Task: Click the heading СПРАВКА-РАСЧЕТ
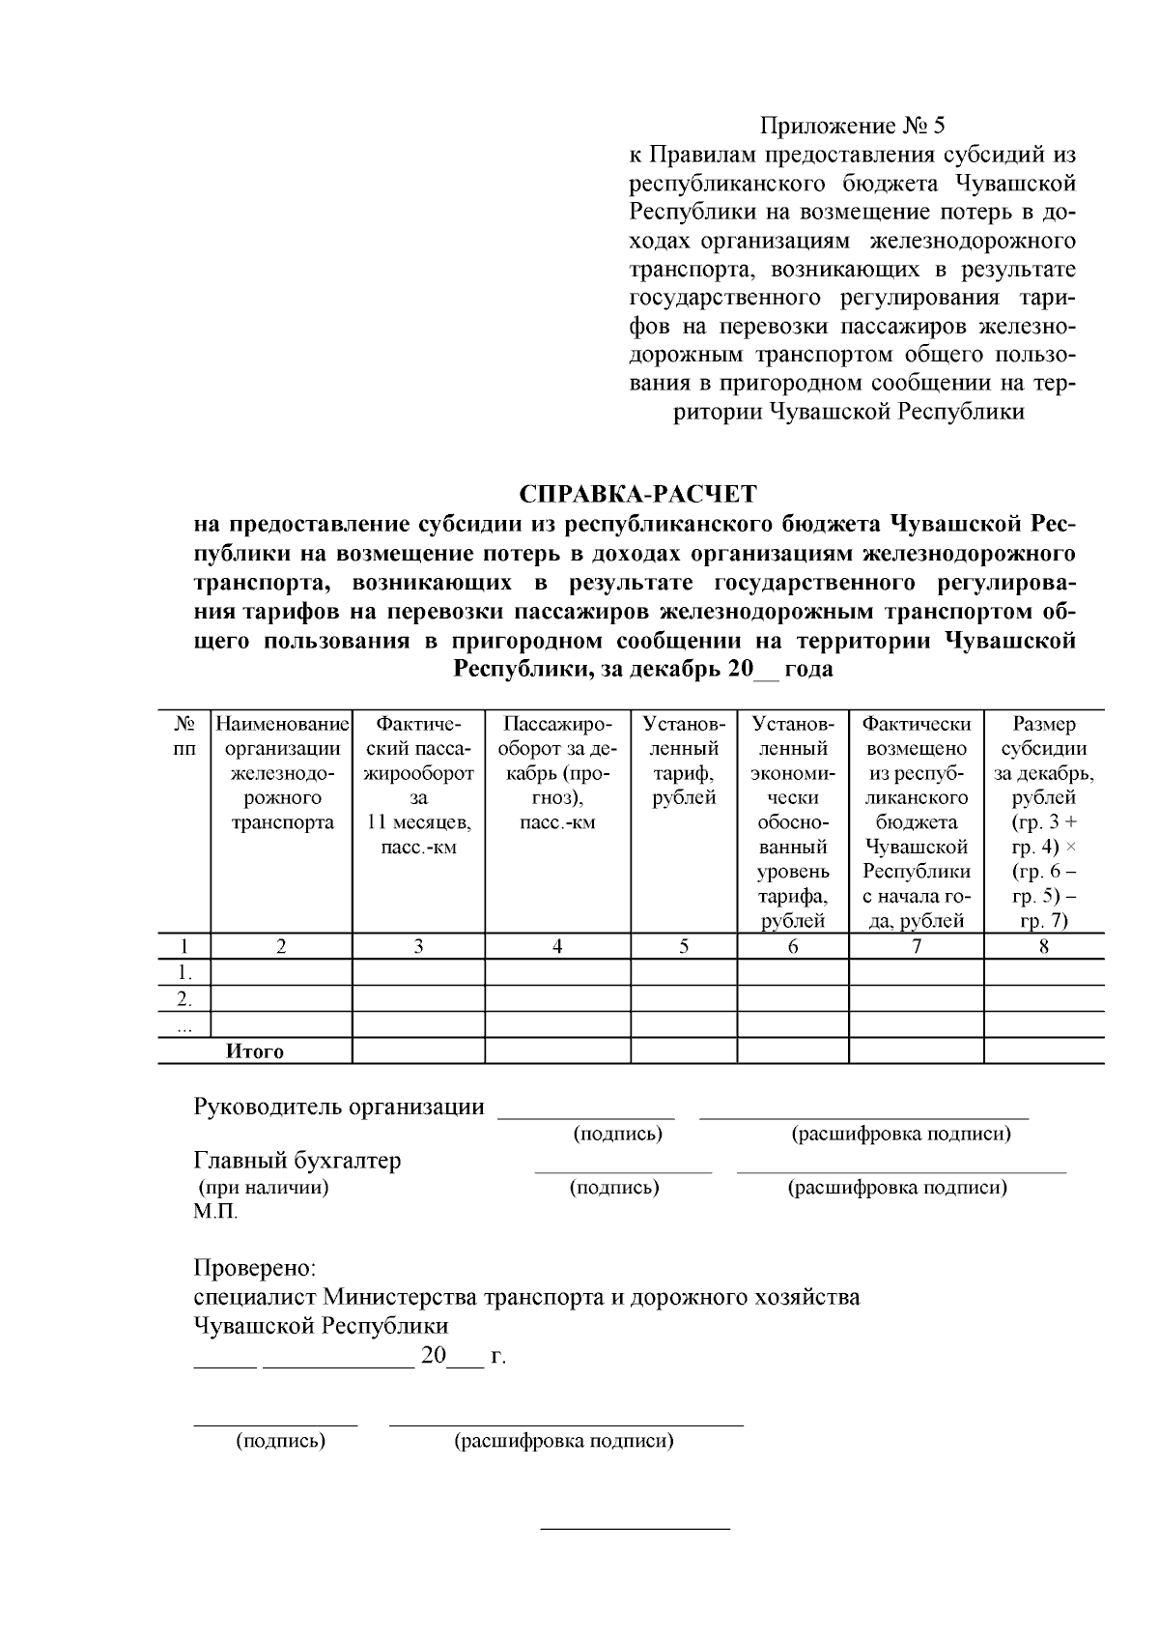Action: (637, 494)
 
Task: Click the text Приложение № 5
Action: (853, 126)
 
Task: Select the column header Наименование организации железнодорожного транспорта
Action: (281, 773)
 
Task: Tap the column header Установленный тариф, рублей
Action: (684, 761)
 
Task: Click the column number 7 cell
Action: (916, 947)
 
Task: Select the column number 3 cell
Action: (418, 947)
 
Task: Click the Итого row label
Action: (255, 1051)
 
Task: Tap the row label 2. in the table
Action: (184, 998)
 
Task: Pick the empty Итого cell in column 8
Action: (1044, 1050)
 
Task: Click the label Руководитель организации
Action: (339, 1108)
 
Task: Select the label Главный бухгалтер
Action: (297, 1161)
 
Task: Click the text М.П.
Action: (214, 1212)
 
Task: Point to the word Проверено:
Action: (255, 1267)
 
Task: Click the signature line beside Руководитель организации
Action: (585, 1115)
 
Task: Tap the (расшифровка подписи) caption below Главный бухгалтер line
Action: (898, 1188)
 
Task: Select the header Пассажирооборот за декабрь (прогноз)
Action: (557, 773)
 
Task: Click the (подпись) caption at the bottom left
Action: (281, 1441)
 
